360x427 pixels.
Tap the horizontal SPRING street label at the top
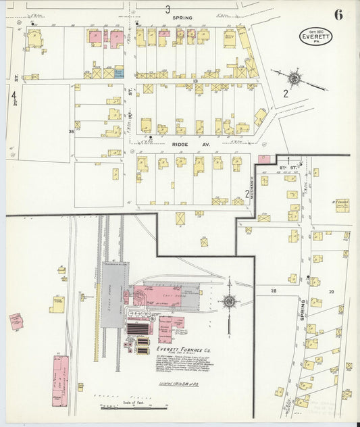point(182,18)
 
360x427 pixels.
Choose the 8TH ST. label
point(288,165)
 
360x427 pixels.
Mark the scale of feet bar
point(119,407)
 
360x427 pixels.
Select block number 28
point(274,291)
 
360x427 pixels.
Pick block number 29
point(331,291)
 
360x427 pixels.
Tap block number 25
point(71,131)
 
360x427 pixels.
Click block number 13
point(194,81)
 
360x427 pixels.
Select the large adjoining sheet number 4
point(13,99)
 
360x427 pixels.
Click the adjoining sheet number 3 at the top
point(167,9)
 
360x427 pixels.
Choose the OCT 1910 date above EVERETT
point(315,30)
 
